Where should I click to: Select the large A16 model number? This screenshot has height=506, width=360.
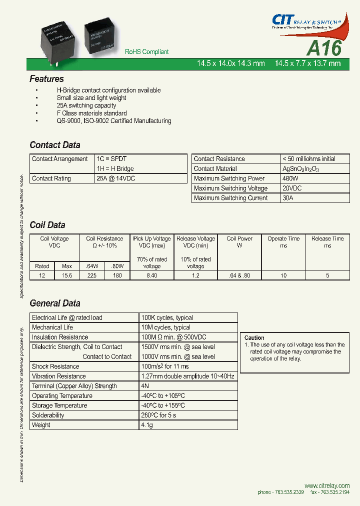point(323,48)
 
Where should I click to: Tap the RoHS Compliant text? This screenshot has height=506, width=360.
point(146,52)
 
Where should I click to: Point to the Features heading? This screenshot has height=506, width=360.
point(46,79)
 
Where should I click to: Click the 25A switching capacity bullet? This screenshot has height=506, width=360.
point(86,105)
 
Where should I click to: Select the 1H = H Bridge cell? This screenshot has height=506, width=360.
point(115,169)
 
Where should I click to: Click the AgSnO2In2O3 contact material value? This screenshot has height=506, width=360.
point(300,169)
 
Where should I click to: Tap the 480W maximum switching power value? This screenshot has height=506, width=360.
point(290,178)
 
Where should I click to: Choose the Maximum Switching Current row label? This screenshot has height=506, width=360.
point(230,198)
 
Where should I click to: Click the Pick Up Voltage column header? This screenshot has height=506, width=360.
point(152,239)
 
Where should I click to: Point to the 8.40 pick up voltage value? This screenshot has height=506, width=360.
point(152,275)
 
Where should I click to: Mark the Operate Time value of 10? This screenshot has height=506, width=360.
point(283,275)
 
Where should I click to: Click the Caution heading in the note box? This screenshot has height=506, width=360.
point(254,338)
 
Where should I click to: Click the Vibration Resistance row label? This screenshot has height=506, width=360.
point(58,376)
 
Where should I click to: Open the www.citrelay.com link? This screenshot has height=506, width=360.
point(327,485)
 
